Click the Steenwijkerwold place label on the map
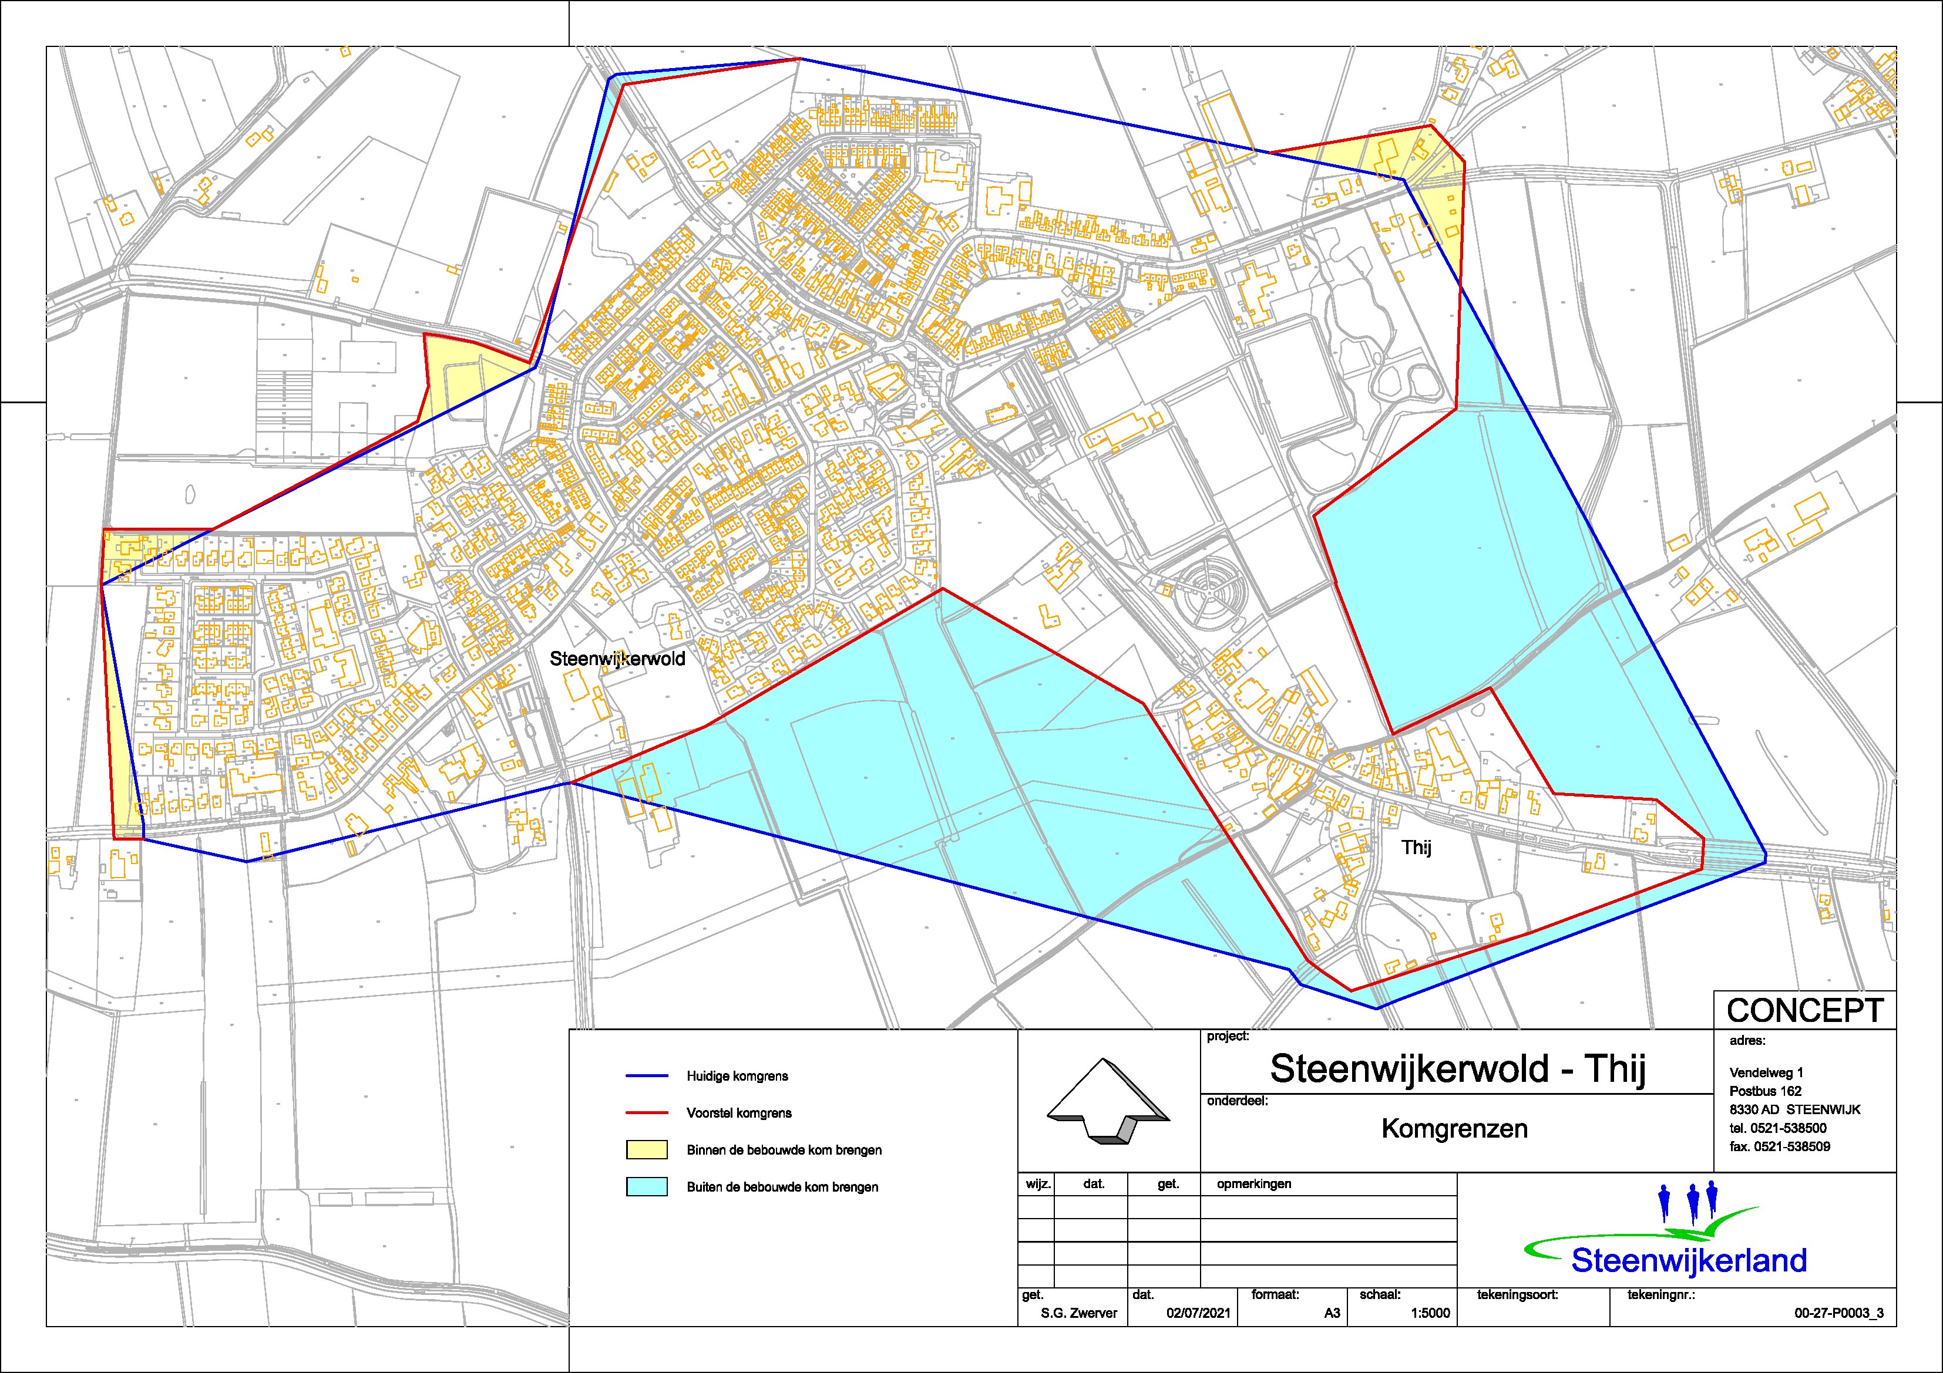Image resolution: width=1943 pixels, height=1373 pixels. (x=617, y=659)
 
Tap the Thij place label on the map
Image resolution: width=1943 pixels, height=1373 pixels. (x=1416, y=848)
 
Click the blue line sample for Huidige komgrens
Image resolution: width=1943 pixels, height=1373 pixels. (x=647, y=1076)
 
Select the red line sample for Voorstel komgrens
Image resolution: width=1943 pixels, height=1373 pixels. (x=647, y=1114)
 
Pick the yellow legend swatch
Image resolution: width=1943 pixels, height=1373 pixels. (x=647, y=1150)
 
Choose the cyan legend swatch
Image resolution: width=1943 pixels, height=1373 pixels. (x=647, y=1187)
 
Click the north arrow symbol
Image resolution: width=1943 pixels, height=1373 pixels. (x=1108, y=1101)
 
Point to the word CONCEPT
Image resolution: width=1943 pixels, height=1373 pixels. (x=1804, y=1011)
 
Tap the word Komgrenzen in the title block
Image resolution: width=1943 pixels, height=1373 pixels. (x=1454, y=1129)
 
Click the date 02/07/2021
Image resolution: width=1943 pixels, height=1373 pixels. (x=1198, y=1313)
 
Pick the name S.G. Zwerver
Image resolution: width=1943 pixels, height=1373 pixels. (x=1078, y=1313)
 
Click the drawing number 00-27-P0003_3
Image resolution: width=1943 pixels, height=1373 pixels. (x=1838, y=1313)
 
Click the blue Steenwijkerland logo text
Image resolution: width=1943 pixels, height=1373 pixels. (x=1688, y=1260)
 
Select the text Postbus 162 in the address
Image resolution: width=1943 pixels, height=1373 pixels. (x=1764, y=1091)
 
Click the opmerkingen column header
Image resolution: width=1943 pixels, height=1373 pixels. (x=1253, y=1183)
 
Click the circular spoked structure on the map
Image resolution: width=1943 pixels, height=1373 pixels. (x=1212, y=585)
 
